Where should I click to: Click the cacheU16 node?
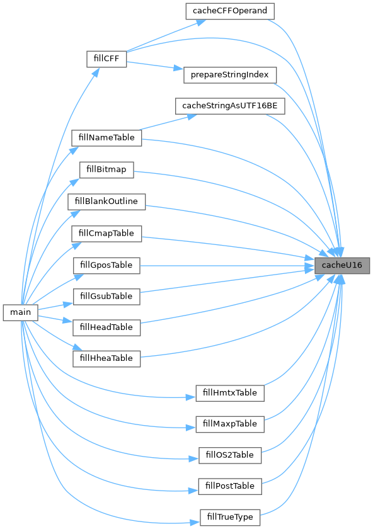(342, 266)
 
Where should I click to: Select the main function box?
(21, 312)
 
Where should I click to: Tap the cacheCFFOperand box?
(230, 11)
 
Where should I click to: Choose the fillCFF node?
(106, 59)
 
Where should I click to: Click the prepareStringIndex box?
(230, 75)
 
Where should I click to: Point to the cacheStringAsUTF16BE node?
(230, 106)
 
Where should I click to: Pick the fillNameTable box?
(106, 138)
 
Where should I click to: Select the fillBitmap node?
(106, 169)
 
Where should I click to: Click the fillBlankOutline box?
(106, 202)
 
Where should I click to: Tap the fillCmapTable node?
(106, 234)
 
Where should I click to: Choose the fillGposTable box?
(106, 266)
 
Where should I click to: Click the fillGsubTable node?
(106, 297)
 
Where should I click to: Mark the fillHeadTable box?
(106, 327)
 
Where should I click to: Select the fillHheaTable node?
(106, 358)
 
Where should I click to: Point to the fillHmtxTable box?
(230, 394)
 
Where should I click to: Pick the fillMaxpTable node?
(230, 424)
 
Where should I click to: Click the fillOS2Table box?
(230, 455)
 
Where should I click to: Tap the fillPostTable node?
(230, 486)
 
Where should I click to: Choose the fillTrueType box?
(230, 518)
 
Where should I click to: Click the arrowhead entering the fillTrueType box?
(195, 523)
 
